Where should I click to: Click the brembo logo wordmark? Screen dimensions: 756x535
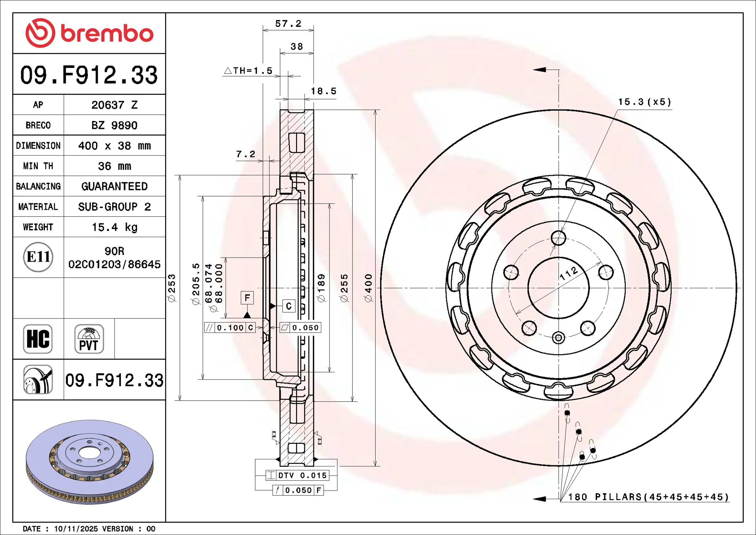click(107, 33)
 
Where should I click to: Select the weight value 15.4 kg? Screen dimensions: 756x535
click(115, 227)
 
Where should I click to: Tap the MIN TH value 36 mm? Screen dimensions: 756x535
click(115, 166)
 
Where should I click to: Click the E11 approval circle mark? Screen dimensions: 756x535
click(38, 257)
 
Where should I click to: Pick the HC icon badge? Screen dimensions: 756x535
click(38, 339)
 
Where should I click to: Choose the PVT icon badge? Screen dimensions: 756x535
click(89, 339)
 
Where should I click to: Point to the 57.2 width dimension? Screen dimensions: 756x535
click(288, 24)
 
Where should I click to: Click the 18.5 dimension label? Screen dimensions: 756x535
click(324, 91)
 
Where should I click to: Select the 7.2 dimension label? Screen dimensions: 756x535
click(246, 154)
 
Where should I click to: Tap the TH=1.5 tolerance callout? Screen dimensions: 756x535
click(248, 71)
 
